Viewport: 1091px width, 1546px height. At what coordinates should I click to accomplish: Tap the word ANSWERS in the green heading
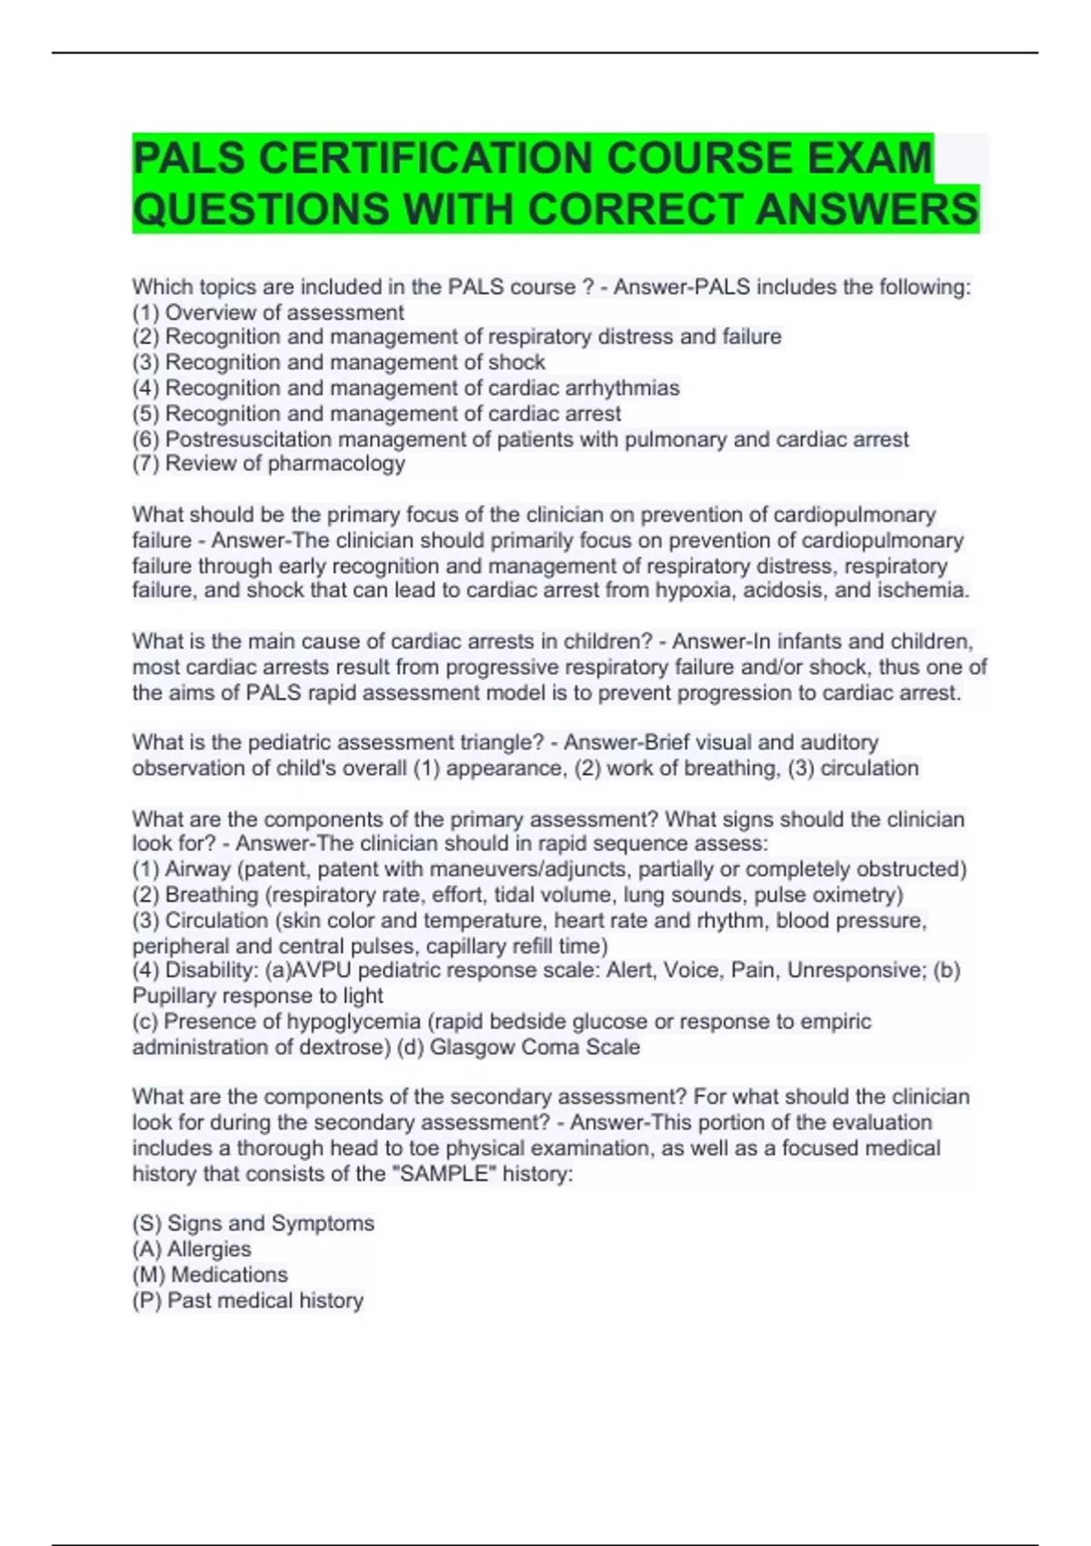coord(866,209)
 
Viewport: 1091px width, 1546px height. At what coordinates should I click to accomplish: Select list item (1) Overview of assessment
coord(268,313)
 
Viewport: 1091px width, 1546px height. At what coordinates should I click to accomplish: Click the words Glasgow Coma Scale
coord(535,1048)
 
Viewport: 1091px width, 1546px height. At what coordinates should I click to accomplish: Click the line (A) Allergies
coord(192,1250)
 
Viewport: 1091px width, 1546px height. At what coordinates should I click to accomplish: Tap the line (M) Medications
coord(210,1275)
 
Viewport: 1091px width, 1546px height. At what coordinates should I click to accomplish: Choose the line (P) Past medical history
coord(248,1300)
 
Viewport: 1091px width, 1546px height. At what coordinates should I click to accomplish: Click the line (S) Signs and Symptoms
coord(254,1223)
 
